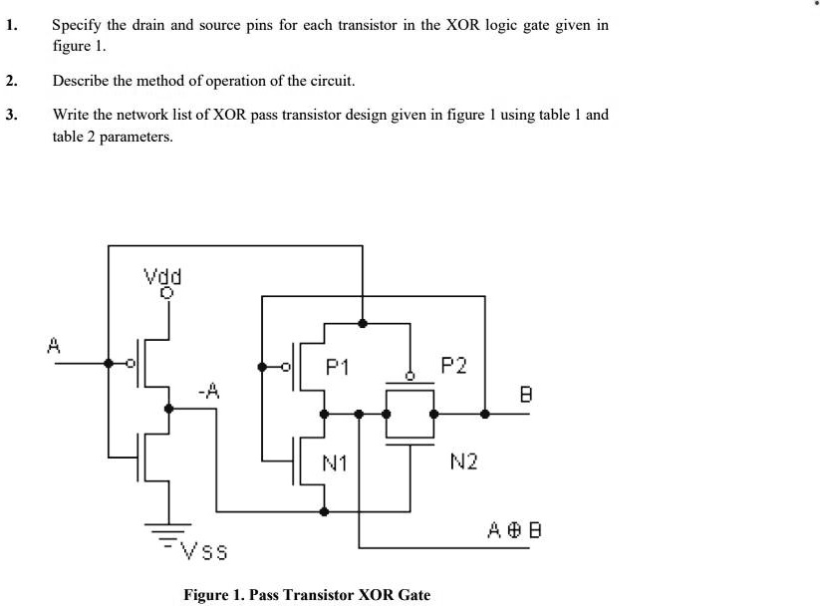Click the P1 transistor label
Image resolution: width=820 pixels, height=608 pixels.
tap(338, 368)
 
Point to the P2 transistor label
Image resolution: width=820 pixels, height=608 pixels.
tap(453, 366)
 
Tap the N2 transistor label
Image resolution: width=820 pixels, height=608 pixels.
tap(464, 460)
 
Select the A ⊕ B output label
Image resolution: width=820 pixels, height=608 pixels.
tap(515, 528)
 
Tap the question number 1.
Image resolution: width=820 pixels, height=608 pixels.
tap(11, 27)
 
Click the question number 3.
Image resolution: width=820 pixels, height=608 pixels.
tap(11, 115)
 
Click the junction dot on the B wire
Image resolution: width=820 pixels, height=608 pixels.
tap(484, 413)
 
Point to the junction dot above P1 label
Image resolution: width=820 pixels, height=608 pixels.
tap(362, 323)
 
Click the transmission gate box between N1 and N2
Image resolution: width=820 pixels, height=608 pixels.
tap(410, 414)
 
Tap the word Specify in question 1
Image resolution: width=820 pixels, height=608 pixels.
tap(79, 27)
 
